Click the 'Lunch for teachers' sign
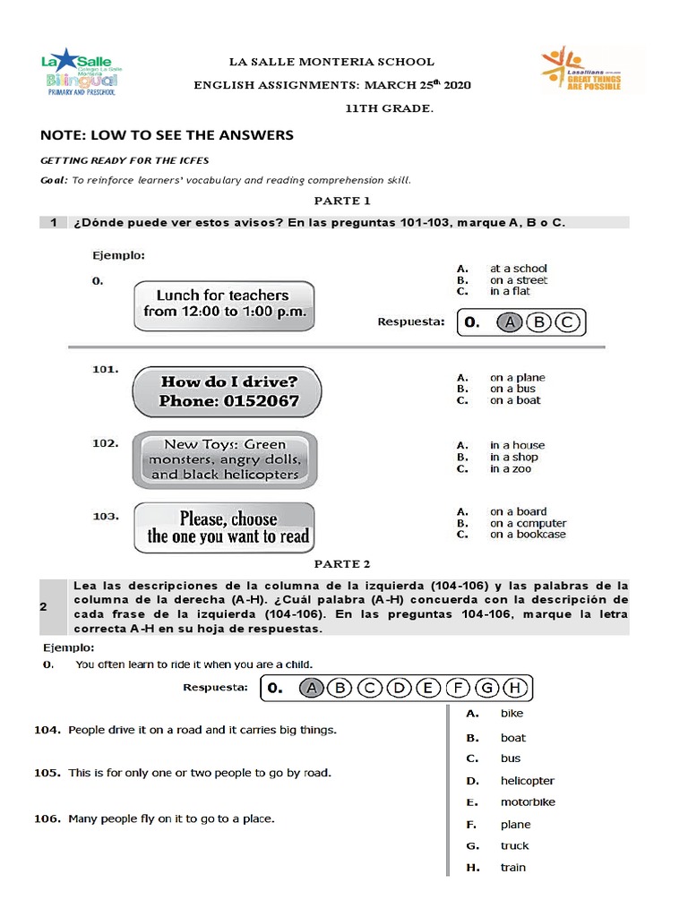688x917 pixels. coord(224,304)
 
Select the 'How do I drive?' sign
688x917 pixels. coord(228,391)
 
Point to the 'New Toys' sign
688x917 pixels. coord(225,459)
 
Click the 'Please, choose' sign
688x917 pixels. coord(225,527)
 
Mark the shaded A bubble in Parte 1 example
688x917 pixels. coord(509,322)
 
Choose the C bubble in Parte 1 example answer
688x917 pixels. coord(567,322)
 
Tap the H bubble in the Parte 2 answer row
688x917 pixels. coord(514,688)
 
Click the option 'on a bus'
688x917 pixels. coord(512,389)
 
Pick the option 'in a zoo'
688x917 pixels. coord(510,468)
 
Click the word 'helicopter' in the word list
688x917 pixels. coord(528,781)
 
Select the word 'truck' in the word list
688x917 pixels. coord(515,845)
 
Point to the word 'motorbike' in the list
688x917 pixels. coord(528,802)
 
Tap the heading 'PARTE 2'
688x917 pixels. coord(341,564)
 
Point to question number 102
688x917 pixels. coord(105,442)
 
